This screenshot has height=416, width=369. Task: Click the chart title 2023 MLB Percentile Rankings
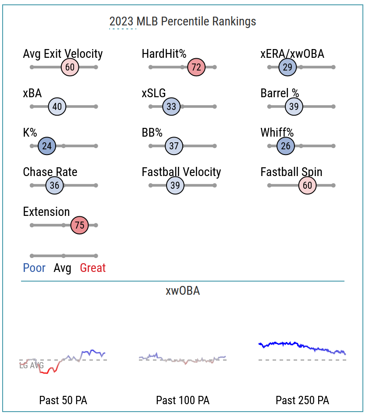point(182,21)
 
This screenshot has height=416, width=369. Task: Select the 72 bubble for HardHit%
point(196,67)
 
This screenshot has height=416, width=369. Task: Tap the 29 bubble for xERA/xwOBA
point(287,67)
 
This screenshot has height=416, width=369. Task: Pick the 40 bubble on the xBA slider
point(57,107)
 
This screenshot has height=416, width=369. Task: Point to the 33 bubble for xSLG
point(171,107)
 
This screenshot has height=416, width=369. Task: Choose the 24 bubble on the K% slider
point(47,146)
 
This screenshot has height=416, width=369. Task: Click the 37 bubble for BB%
point(174,146)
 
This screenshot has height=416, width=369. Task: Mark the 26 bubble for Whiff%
point(286,146)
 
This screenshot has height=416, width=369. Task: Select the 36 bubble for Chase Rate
point(54,186)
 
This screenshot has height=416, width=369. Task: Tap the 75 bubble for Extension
point(80,226)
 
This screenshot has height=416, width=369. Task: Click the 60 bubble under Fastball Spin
point(308,186)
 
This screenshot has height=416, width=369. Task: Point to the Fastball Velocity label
point(181,172)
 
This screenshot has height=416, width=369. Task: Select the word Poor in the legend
point(34,268)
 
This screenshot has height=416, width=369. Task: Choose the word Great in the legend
point(92,268)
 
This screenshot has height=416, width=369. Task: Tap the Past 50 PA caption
point(63,400)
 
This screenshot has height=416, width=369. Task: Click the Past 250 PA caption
point(302,400)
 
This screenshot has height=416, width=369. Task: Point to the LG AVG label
point(31,366)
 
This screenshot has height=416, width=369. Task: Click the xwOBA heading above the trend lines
point(183,291)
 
